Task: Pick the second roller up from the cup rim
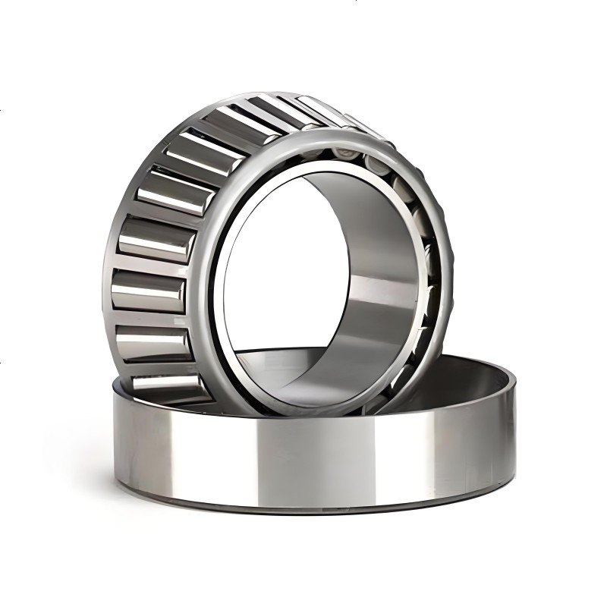[x=152, y=341]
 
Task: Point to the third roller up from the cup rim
[x=148, y=292]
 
